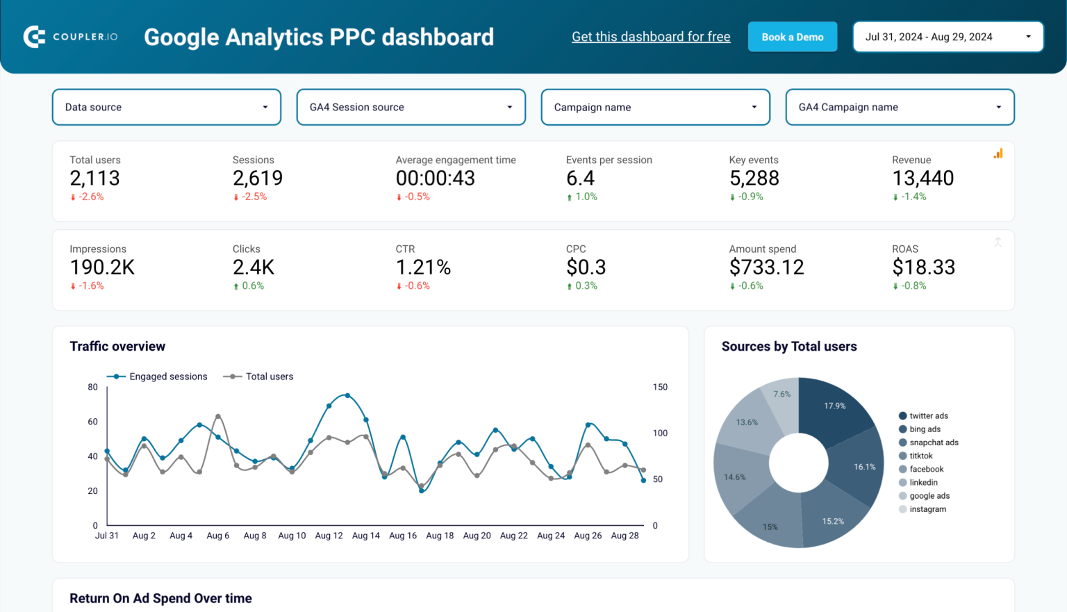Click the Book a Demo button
(792, 37)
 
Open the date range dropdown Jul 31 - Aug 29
(948, 37)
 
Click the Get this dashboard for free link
(651, 37)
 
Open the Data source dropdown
(167, 107)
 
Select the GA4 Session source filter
(411, 107)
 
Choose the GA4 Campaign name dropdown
(900, 107)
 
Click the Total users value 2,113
(95, 179)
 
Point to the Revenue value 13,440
(923, 179)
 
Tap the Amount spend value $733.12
(766, 267)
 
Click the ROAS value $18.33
(923, 267)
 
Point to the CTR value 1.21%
(423, 267)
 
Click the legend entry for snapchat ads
(933, 443)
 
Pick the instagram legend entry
(927, 509)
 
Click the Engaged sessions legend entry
(167, 377)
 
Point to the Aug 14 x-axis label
(365, 536)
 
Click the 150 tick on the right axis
(660, 387)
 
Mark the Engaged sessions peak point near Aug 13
(347, 395)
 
